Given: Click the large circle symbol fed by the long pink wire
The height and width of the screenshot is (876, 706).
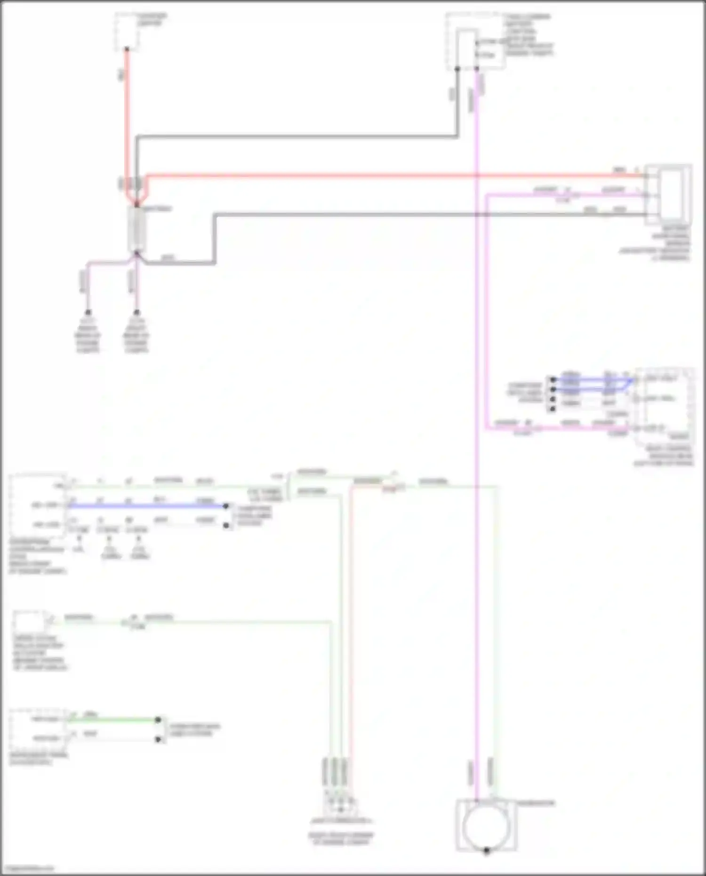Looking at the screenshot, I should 486,827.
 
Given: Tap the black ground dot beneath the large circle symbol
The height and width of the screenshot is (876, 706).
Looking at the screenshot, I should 487,851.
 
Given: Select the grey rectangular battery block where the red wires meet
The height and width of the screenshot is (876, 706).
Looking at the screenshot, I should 137,229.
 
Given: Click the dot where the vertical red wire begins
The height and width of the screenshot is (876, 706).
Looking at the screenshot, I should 127,49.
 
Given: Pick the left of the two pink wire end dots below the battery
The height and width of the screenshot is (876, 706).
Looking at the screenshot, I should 88,312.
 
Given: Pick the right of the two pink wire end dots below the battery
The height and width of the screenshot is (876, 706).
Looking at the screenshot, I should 136,312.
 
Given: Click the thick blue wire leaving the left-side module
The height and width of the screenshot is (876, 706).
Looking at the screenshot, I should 146,506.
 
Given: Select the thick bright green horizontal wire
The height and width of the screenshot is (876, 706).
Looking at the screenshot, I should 113,719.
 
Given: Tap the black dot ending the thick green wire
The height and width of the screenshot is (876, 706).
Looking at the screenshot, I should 159,720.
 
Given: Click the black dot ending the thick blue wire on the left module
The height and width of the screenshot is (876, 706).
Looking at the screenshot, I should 226,506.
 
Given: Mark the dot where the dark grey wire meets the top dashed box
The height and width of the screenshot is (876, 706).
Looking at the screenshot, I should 457,69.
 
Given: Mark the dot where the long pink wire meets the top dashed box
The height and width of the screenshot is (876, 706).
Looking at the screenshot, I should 476,69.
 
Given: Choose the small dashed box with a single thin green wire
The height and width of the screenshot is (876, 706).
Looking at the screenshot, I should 29,621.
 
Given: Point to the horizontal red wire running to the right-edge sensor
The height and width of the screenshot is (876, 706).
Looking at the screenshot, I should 377,176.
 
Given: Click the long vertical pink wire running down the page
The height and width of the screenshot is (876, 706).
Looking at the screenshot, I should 476,424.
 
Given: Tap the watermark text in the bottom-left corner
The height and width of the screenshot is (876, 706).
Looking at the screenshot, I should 27,868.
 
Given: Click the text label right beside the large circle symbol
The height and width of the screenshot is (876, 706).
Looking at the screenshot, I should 536,803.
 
